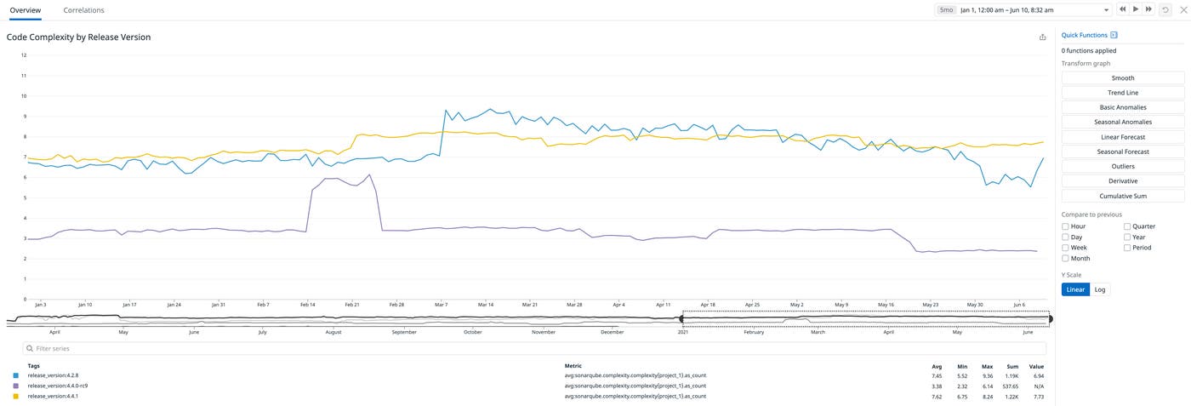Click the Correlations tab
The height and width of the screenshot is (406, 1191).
83,10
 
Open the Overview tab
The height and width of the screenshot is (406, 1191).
25,10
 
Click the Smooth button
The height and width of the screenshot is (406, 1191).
1122,78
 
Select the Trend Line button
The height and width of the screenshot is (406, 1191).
1122,93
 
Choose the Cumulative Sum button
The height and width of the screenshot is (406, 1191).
1122,196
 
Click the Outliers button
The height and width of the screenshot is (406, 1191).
1122,167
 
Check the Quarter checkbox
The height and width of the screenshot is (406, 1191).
1127,227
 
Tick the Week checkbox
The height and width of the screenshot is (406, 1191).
1065,248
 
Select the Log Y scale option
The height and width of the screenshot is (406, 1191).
1100,289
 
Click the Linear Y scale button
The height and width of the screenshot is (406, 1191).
1075,289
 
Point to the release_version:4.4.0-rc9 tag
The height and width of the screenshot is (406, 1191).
58,386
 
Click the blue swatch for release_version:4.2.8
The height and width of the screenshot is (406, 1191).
15,375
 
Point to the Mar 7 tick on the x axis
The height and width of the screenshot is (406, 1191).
441,304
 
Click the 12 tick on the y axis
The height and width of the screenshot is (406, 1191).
24,55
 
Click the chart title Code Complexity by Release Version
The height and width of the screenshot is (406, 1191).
78,37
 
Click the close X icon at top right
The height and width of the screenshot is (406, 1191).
1182,9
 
